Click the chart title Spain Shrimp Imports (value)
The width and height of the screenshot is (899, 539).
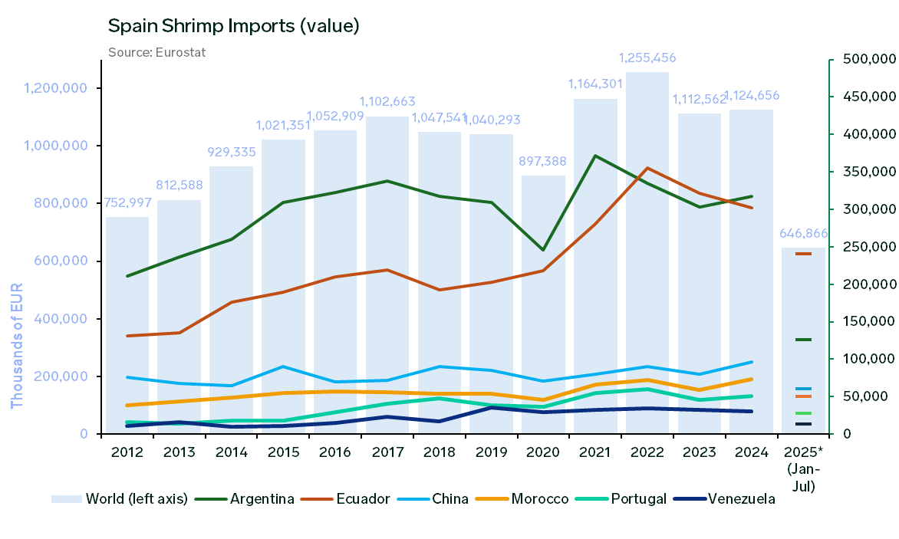click(x=233, y=25)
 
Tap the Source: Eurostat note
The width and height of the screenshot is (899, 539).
click(x=156, y=52)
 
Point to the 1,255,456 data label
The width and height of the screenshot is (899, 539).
click(x=648, y=58)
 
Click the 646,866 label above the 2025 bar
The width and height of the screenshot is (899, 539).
click(x=803, y=233)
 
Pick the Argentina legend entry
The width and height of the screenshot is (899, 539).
click(x=245, y=499)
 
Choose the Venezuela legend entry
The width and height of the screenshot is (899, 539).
click(x=724, y=499)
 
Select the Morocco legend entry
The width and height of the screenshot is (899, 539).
click(x=522, y=499)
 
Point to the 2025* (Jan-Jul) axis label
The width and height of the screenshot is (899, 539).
click(x=804, y=469)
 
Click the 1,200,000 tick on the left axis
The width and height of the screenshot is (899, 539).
click(x=55, y=88)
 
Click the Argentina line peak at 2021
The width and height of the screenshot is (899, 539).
click(x=596, y=156)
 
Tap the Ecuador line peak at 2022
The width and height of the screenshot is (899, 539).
click(x=648, y=168)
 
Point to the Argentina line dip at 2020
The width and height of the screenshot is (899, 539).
click(x=544, y=250)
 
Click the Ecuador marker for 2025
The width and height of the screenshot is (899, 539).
click(x=803, y=254)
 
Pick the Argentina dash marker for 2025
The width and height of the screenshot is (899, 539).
click(x=803, y=340)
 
